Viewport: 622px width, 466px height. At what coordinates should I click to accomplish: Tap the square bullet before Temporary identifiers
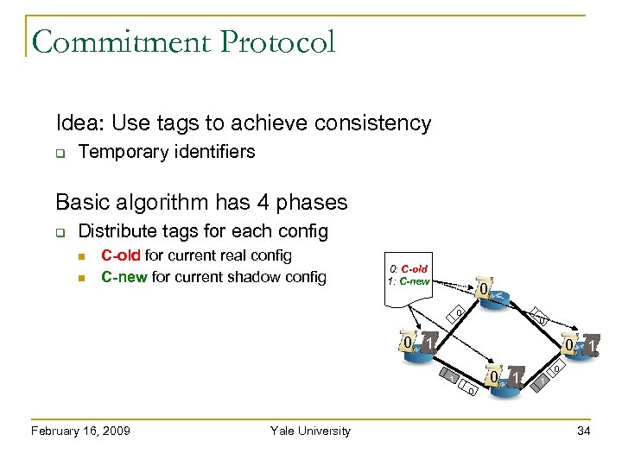coord(60,153)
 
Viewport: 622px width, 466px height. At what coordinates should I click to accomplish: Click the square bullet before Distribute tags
coord(60,232)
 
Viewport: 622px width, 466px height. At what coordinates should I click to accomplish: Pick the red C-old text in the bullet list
coord(121,255)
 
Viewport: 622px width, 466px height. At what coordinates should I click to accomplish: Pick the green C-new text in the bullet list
coord(124,277)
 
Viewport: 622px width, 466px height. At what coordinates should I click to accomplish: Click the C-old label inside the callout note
coord(414,269)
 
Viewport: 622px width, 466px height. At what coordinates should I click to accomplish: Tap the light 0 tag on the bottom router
coord(494,378)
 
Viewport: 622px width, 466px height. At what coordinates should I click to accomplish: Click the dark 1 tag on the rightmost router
coord(592,346)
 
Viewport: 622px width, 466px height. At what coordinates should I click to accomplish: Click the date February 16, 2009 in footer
coord(80,431)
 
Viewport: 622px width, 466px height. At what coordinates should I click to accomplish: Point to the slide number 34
coord(584,431)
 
